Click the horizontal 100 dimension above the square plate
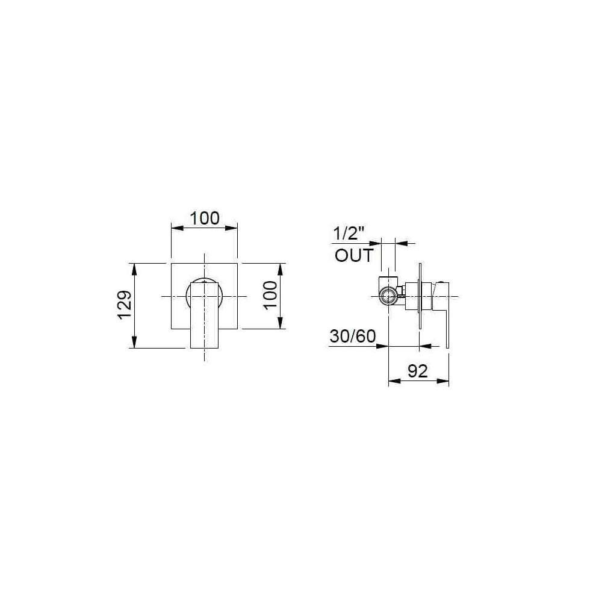(205, 218)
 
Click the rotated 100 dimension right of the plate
(271, 294)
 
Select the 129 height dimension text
(125, 305)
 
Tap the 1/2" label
(348, 234)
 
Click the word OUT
(354, 255)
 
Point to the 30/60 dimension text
(353, 337)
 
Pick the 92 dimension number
(418, 371)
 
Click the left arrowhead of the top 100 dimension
(177, 228)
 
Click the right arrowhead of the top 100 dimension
(232, 228)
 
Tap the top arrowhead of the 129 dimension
(134, 270)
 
